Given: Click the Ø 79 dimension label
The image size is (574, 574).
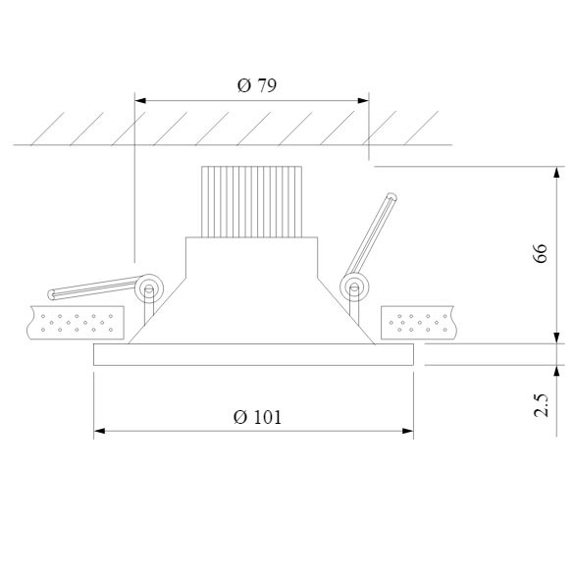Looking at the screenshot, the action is (x=257, y=85).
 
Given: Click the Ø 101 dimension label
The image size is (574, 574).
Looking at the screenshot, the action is (x=257, y=417).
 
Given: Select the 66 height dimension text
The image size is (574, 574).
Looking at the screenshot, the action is (x=541, y=253).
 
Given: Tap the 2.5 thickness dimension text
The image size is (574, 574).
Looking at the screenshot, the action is (x=541, y=405).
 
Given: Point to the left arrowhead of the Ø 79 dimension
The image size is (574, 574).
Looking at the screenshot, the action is (x=140, y=100).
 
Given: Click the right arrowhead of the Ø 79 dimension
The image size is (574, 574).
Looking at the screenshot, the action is (x=363, y=100).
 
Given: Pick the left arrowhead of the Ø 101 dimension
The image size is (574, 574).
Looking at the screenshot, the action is (x=99, y=431).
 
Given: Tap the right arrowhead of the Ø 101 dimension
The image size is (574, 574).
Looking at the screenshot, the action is (x=408, y=431).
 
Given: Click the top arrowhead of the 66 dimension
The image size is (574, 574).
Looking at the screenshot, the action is (x=556, y=172).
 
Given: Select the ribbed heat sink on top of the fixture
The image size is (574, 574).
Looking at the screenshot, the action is (x=252, y=202).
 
